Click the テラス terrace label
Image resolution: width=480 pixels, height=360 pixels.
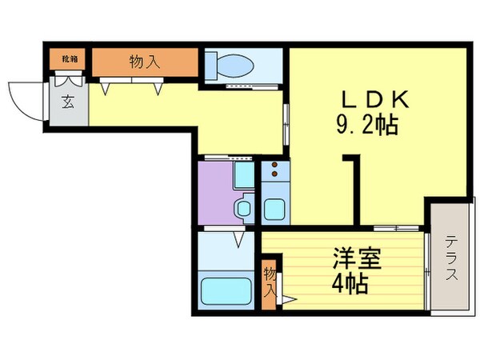click(x=451, y=257)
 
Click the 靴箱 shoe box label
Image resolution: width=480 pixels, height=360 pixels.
click(x=70, y=58)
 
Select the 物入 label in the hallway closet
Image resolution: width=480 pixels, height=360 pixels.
click(x=144, y=61)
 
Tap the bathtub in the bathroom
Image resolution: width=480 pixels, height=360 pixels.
click(x=225, y=291)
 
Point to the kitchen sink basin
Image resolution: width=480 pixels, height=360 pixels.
click(x=277, y=210)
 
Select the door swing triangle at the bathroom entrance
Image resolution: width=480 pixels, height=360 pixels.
click(x=238, y=238)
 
